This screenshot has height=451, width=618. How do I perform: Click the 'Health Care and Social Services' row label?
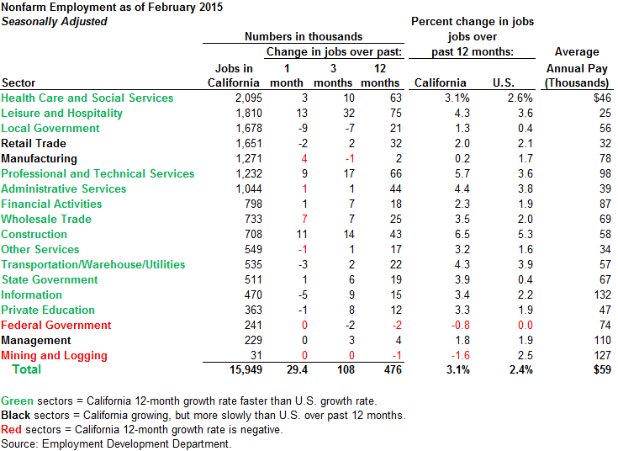[87, 98]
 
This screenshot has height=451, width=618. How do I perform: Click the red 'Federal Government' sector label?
[56, 325]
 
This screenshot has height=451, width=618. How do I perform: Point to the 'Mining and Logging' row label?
[55, 355]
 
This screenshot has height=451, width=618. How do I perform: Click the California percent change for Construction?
[456, 234]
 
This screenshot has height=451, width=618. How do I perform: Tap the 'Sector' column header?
[19, 82]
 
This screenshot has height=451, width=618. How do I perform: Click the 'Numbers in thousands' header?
[304, 36]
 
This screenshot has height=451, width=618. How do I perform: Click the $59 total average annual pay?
[596, 369]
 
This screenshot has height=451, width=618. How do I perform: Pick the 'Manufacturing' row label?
[39, 158]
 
